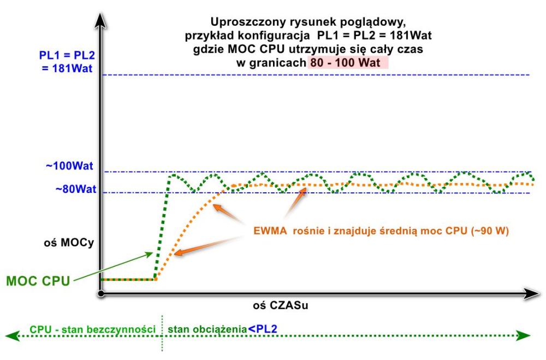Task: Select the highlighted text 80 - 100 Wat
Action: (x=348, y=63)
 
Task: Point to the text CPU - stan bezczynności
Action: (x=91, y=329)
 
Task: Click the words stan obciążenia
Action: (x=207, y=329)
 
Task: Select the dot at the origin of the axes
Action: (x=101, y=294)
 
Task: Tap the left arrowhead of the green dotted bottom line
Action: (x=10, y=335)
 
